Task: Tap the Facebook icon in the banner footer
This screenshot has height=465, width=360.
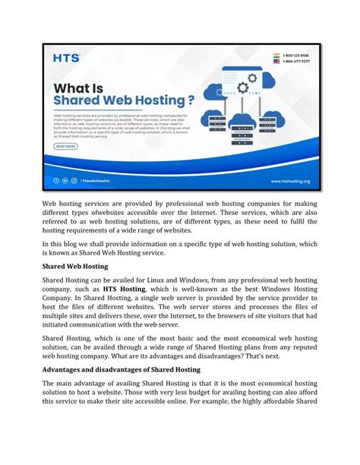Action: click(56, 181)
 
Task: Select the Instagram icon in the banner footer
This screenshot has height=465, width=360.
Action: click(74, 181)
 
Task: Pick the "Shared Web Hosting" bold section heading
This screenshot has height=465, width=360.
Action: click(75, 267)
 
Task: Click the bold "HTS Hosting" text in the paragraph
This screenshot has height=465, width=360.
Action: click(124, 289)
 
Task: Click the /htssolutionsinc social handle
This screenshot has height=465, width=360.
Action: click(101, 181)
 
